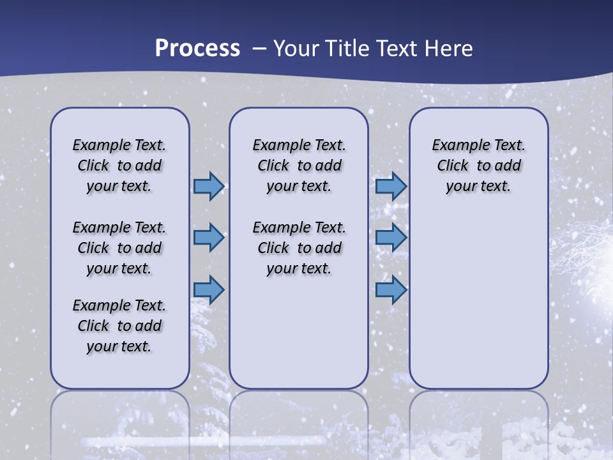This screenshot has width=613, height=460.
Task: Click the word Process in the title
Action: (x=197, y=49)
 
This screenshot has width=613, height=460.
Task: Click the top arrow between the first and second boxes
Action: (x=209, y=187)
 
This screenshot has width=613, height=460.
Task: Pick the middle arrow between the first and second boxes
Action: (x=209, y=238)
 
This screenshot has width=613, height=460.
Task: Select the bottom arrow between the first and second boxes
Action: (x=209, y=289)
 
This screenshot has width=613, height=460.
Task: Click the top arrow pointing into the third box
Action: (x=391, y=187)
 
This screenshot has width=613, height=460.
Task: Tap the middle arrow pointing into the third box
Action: (x=391, y=238)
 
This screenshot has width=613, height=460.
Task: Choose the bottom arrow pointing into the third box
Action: (x=391, y=289)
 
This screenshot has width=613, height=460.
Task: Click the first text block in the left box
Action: (x=119, y=165)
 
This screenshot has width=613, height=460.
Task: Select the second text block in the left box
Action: (x=119, y=248)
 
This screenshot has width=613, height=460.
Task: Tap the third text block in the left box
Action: (x=119, y=326)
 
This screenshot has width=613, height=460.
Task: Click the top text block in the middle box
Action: (x=299, y=165)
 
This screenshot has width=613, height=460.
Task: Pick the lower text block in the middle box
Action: (x=299, y=248)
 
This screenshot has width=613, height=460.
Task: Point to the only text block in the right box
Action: (x=478, y=165)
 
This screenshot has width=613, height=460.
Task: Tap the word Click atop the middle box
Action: (x=273, y=166)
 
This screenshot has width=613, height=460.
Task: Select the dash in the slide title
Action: (x=259, y=49)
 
